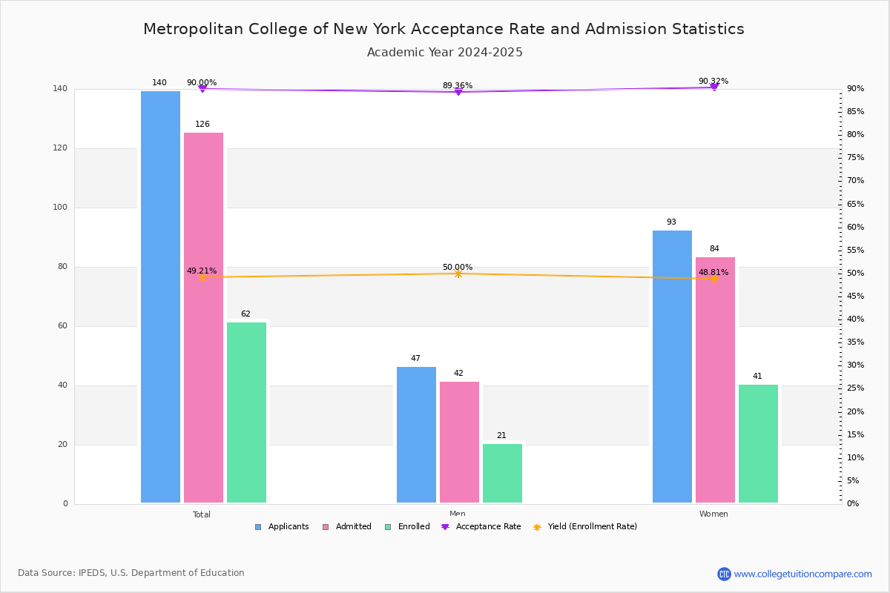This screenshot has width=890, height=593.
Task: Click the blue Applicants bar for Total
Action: pos(160,296)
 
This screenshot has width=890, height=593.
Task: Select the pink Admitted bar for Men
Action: pos(459,442)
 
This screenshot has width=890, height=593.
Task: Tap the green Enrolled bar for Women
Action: pos(758,444)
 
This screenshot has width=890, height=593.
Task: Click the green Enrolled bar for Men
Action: pos(502,473)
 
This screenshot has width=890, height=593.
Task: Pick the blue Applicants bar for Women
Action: pos(672,366)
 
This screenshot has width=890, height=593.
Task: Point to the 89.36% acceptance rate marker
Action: pos(458,92)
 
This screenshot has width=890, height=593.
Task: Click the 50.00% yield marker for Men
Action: pos(458,274)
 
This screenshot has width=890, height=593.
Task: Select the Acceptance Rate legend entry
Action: pos(481,527)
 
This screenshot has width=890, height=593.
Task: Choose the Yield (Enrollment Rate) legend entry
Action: pos(585,527)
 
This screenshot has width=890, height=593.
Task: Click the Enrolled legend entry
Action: pos(407,527)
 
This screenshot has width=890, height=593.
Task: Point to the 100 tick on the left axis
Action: pos(60,207)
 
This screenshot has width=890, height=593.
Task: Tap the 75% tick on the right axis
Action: pos(856,157)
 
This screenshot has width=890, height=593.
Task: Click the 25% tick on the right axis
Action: pos(856,388)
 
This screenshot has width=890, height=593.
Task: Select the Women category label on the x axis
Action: pos(713,514)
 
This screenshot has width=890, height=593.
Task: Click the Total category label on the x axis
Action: pos(202,514)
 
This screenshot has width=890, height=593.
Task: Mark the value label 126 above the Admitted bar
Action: pos(202,124)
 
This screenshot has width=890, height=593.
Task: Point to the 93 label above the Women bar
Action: pos(671,222)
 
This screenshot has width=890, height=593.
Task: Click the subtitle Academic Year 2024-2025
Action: pos(444,52)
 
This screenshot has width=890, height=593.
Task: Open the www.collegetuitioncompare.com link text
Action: pos(802,574)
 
